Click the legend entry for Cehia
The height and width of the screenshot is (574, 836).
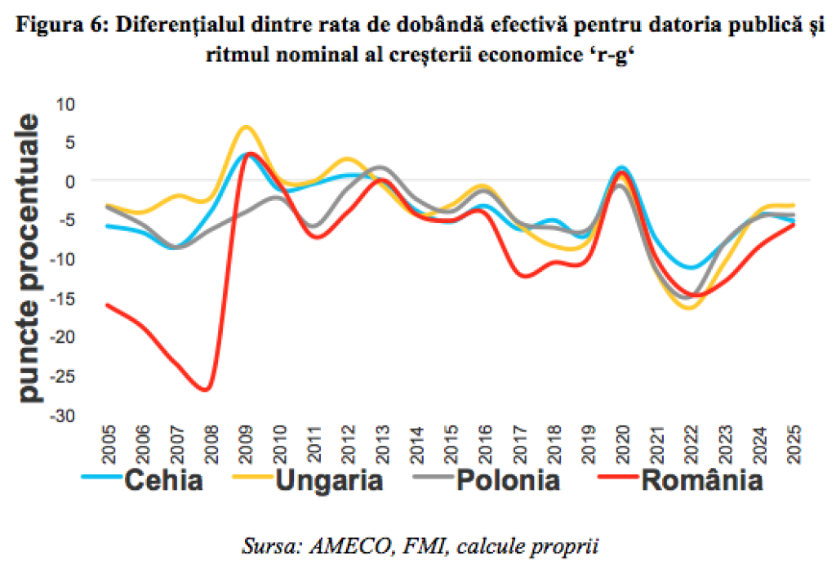pos(162,480)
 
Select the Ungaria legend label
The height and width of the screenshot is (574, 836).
pos(330,480)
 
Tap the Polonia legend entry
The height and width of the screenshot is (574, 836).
pos(508,480)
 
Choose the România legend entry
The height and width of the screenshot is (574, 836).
pos(702,480)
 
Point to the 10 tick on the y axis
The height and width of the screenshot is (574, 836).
pos(65,104)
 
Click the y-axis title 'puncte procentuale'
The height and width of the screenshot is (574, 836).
pos(29,260)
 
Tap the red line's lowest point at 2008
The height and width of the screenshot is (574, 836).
pos(206,389)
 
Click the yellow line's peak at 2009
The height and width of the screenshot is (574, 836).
pos(246,127)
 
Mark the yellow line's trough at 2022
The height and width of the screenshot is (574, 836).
pos(690,308)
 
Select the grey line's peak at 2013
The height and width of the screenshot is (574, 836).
pos(382,167)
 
